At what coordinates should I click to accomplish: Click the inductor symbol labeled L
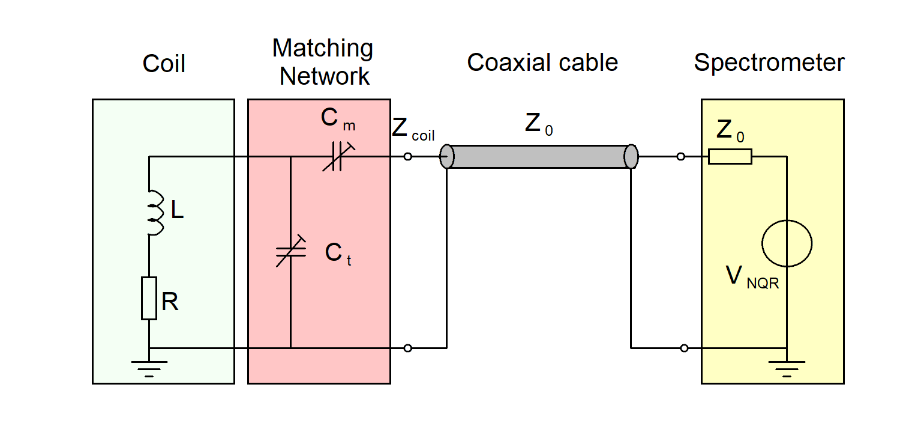(x=155, y=213)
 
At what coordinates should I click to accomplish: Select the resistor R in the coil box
(x=149, y=298)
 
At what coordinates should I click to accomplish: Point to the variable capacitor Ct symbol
(x=291, y=252)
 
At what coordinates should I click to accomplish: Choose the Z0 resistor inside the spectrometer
(x=730, y=157)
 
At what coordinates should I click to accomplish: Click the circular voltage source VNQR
(x=787, y=243)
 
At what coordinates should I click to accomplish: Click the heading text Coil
(x=164, y=64)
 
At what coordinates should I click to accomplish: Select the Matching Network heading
(x=323, y=62)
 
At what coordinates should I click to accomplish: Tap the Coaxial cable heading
(x=542, y=62)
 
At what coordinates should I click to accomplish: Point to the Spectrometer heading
(x=769, y=62)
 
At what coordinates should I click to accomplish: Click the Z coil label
(x=413, y=130)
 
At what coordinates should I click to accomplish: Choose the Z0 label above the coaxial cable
(x=539, y=124)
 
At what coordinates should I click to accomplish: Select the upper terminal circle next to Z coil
(x=408, y=157)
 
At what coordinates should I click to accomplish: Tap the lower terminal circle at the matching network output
(x=408, y=348)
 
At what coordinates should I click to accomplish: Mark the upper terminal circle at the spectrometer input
(x=680, y=157)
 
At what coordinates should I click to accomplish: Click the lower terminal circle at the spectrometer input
(x=685, y=348)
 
